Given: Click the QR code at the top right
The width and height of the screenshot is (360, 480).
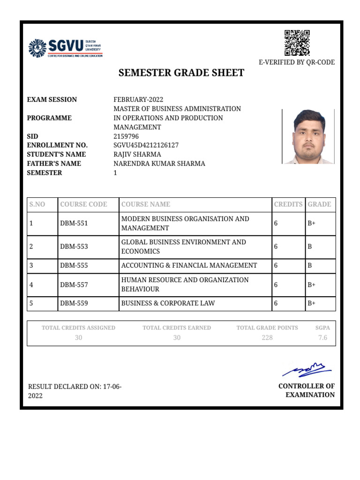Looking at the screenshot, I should point(297,43).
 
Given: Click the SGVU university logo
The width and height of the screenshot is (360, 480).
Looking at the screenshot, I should point(65,48).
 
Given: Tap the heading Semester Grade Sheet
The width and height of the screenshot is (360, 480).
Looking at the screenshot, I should point(181,73).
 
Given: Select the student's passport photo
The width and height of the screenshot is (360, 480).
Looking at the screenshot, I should point(308,136).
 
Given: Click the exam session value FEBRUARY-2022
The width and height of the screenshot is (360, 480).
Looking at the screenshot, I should point(138,99).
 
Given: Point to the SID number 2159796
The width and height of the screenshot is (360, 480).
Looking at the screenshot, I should point(126,136).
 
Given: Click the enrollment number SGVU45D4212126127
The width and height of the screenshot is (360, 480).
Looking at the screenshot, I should point(146,145).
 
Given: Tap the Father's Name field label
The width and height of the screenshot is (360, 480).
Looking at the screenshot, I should point(54,164).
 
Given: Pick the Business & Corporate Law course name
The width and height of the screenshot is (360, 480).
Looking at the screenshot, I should point(168,303).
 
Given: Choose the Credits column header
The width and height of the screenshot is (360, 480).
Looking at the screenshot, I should point(288,204).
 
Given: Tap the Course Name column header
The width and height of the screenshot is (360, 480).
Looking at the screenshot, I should point(146,204).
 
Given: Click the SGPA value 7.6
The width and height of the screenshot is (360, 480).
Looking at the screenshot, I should point(322,337).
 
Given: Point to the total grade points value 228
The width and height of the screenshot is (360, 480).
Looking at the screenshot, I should point(267,337).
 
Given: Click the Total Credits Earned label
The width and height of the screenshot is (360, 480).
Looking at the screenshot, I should point(177,328).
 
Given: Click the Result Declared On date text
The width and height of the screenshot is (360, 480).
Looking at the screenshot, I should point(75,391).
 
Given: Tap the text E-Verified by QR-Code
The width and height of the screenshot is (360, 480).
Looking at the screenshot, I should point(297,62).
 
